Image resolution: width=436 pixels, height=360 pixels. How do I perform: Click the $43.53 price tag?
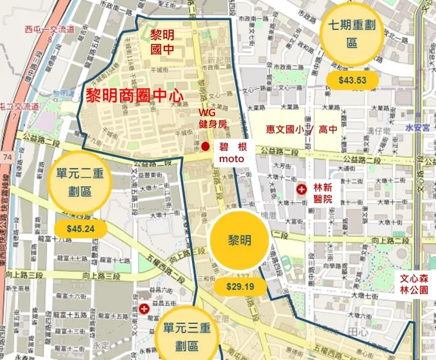pos(353,80)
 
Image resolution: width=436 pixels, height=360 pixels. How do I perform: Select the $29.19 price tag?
pos(240,287)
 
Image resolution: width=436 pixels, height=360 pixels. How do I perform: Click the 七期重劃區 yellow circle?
pos(352,34)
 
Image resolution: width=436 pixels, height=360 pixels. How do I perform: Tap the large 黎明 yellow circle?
pos(240,241)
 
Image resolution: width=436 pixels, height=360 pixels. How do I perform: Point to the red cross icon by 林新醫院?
pos(302,190)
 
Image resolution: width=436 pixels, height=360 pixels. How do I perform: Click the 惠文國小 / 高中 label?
pos(301,130)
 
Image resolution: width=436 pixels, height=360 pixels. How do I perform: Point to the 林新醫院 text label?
pos(323,193)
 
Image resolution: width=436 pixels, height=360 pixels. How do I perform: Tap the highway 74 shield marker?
pos(7,159)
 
